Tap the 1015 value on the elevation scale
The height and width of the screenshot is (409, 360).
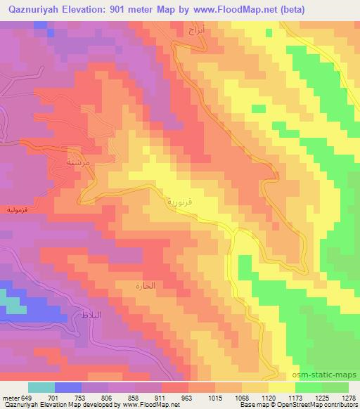click(214, 398)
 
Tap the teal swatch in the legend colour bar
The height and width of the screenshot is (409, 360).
click(41, 387)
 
